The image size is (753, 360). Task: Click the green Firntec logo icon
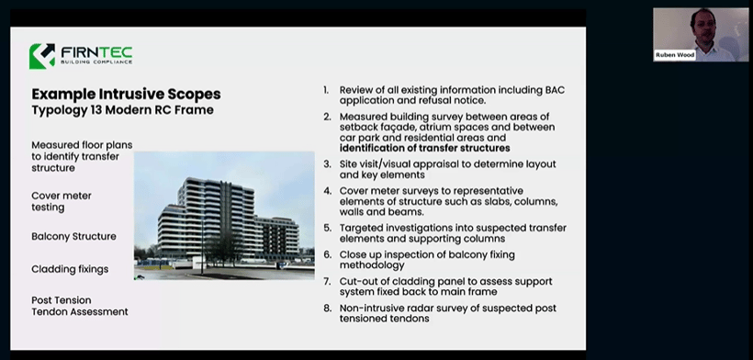click(41, 56)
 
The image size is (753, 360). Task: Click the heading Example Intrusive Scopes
click(126, 95)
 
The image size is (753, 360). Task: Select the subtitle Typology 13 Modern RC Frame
click(122, 110)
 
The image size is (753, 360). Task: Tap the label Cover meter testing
click(62, 201)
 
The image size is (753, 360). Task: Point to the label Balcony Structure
click(73, 236)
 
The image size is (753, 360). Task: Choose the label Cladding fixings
click(70, 269)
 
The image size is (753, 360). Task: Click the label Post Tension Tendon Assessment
click(79, 306)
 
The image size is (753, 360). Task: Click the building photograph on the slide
click(224, 215)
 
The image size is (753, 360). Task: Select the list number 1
click(326, 90)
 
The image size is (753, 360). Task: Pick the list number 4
click(326, 191)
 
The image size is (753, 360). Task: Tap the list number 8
click(326, 308)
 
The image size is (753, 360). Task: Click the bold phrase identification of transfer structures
click(424, 148)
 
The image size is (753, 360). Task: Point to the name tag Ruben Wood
click(675, 55)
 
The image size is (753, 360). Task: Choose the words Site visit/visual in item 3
click(378, 163)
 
